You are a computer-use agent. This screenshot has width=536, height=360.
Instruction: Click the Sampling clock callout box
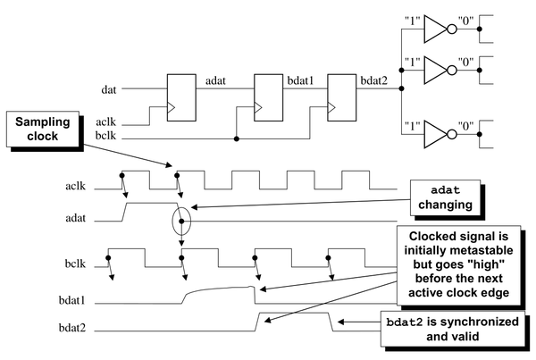point(43,129)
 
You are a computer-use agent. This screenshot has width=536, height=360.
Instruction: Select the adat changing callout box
point(445,197)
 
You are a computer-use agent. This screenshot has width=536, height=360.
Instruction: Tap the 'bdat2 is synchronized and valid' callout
point(453,329)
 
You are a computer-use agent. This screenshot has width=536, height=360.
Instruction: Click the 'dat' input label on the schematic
point(109,89)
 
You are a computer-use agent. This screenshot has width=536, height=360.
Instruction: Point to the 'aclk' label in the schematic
point(105,122)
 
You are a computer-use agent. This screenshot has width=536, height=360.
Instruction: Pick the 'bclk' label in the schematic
point(105,136)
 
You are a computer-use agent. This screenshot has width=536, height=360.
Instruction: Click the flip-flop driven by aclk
point(181,97)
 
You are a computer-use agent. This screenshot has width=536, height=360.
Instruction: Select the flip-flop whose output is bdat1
point(268,97)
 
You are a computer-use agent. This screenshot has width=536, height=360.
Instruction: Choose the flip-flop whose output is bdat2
point(342,97)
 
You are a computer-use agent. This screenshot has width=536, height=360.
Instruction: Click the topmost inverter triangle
point(435,29)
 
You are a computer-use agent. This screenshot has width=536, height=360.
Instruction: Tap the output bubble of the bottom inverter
point(452,134)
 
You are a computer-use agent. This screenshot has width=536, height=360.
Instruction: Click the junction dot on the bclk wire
point(237,138)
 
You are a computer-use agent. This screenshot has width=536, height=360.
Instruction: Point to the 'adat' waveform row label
point(76,218)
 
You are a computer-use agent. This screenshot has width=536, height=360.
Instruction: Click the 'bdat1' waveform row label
point(71,300)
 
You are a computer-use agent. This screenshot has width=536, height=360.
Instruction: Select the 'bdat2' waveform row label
point(71,328)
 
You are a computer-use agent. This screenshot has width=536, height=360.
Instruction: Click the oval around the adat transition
point(173,222)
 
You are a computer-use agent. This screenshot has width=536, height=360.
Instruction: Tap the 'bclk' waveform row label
point(75,264)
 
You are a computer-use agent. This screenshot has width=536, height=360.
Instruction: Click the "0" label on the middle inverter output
point(465,63)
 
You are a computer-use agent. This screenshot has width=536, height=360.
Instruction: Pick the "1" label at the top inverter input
point(412,21)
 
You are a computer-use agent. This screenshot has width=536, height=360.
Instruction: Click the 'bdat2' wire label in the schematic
point(374,81)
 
